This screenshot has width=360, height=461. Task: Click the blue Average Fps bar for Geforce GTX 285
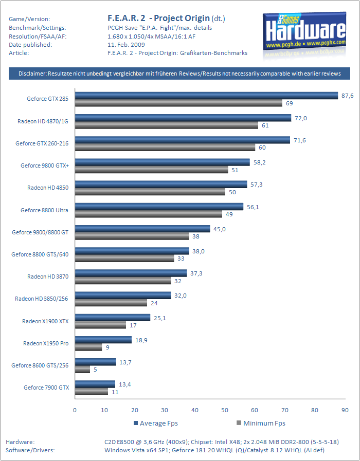click(206, 96)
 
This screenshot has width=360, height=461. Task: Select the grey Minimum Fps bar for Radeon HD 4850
click(150, 192)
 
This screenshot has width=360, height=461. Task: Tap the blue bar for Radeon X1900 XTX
click(112, 318)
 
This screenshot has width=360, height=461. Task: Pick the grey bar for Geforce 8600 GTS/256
click(82, 369)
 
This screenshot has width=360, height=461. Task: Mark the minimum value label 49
click(229, 214)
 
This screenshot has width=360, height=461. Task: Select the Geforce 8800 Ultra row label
click(45, 210)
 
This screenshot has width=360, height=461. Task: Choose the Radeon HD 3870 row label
click(48, 276)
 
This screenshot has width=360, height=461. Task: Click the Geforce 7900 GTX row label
click(46, 387)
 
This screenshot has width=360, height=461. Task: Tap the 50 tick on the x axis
click(225, 410)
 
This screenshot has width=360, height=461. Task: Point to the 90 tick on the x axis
click(345, 410)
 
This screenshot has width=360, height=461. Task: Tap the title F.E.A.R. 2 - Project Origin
click(158, 19)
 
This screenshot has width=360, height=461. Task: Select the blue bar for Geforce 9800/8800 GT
click(142, 229)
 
